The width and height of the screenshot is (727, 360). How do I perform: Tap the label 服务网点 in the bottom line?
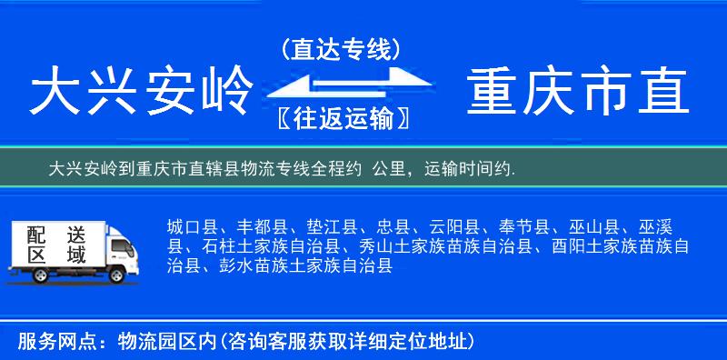[52, 342]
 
